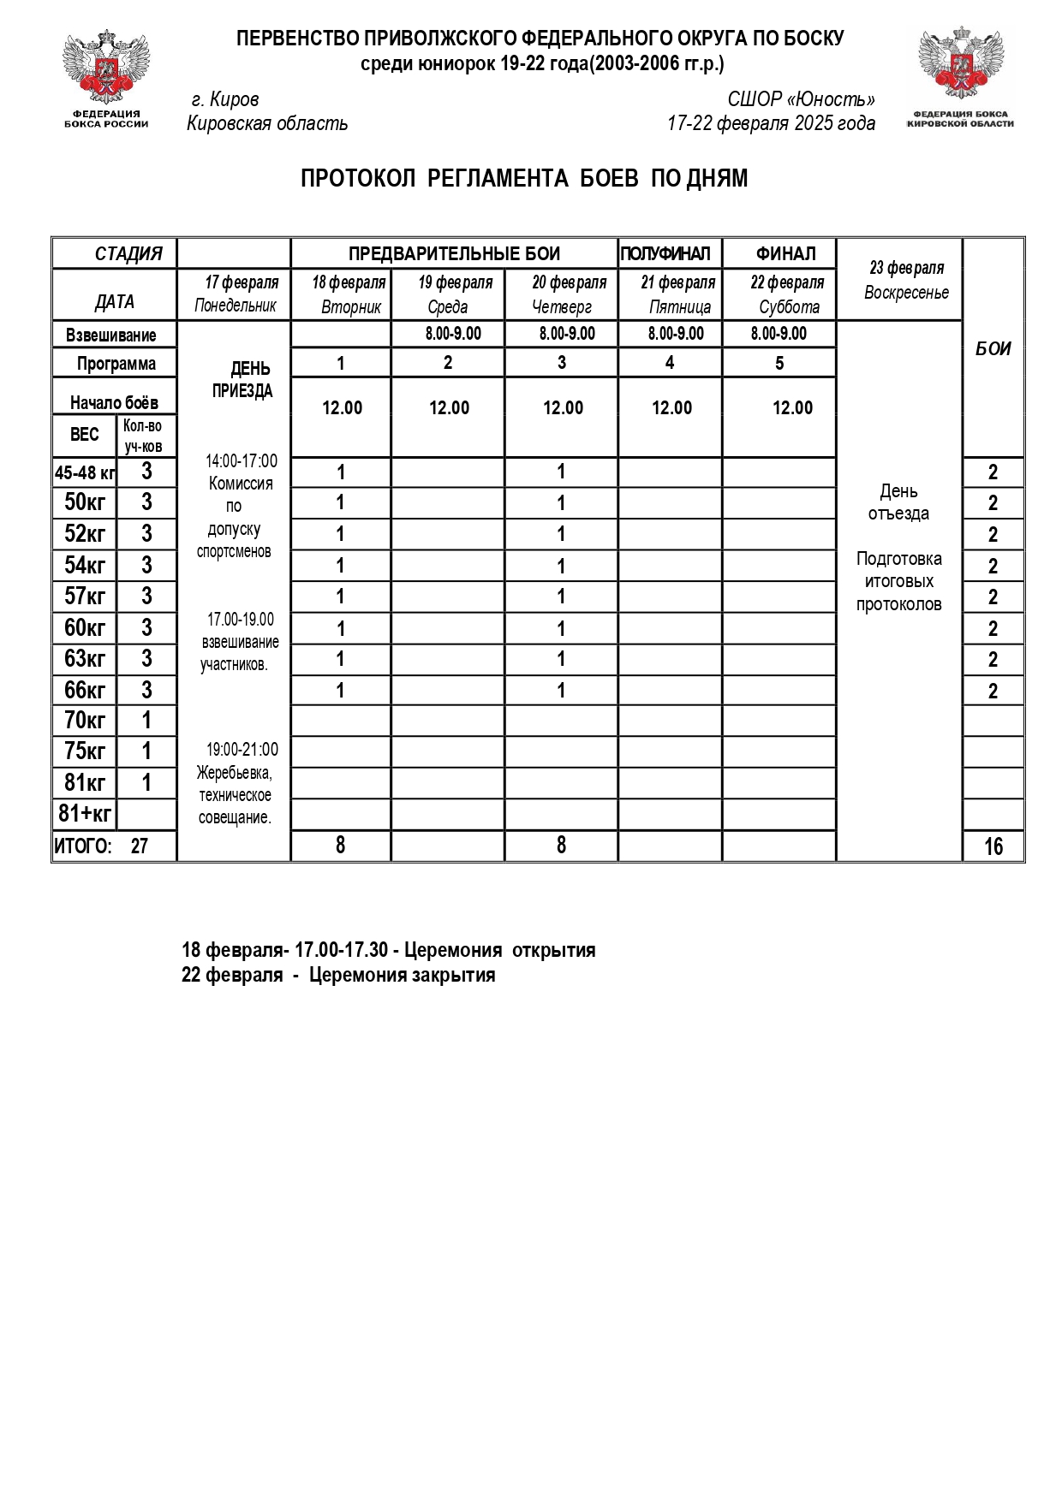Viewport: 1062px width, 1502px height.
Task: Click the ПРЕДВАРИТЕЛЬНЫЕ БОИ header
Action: click(454, 254)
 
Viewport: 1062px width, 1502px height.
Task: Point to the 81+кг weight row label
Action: click(85, 813)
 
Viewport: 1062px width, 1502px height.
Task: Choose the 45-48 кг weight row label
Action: click(85, 472)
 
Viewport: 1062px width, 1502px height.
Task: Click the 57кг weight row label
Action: click(85, 597)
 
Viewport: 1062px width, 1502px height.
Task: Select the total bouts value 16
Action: click(993, 846)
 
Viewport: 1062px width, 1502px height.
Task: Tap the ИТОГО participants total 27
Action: click(139, 846)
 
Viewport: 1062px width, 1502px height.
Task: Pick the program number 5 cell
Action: click(779, 363)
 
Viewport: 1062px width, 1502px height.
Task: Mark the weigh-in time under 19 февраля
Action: click(453, 334)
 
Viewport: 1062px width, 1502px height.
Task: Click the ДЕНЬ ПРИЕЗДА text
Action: click(243, 380)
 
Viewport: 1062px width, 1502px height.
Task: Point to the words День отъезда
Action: click(898, 502)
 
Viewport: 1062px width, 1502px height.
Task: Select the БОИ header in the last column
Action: click(993, 348)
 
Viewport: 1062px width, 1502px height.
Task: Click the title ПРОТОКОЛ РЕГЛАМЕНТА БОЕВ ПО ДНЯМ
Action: click(524, 179)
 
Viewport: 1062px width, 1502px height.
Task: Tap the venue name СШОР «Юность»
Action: click(801, 99)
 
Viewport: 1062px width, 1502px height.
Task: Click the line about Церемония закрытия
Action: click(338, 976)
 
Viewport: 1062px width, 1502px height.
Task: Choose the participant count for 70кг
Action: click(146, 721)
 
